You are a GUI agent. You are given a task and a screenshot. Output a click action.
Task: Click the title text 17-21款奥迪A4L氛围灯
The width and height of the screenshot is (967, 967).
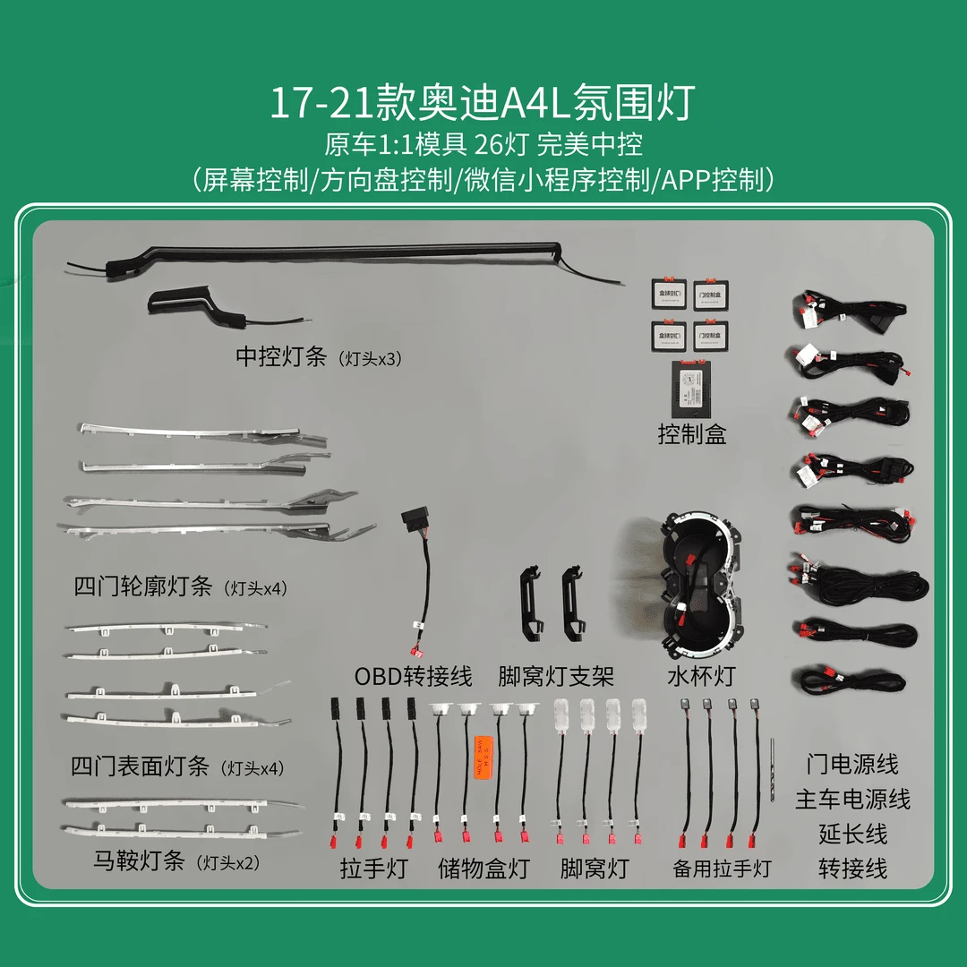pos(483,104)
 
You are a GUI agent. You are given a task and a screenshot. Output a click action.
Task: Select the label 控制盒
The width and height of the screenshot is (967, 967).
pos(691,434)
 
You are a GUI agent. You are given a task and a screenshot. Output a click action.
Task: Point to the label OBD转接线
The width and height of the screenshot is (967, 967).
pos(413,675)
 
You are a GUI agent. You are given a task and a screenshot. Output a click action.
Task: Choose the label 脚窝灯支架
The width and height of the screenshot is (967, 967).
pos(556,675)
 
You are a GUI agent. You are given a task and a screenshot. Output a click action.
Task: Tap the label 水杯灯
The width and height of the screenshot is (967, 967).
pos(701,675)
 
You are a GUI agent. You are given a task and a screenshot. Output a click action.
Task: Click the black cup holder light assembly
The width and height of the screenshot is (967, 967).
pos(699,586)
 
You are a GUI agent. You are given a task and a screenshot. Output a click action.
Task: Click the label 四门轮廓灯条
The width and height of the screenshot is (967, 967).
pos(143,587)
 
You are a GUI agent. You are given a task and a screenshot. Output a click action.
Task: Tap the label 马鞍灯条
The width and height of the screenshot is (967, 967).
pos(139,861)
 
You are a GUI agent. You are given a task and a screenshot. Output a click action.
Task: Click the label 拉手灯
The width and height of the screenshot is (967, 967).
pos(373,868)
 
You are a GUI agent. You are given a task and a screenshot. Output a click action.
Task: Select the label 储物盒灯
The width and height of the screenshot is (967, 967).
pos(483,868)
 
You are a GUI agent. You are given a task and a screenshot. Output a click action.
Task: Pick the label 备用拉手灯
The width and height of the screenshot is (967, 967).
pos(722,868)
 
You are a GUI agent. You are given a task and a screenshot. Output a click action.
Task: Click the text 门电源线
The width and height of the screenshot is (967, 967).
pos(851,765)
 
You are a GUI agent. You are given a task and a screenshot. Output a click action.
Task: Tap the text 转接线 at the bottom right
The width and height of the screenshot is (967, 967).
pos(852,868)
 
